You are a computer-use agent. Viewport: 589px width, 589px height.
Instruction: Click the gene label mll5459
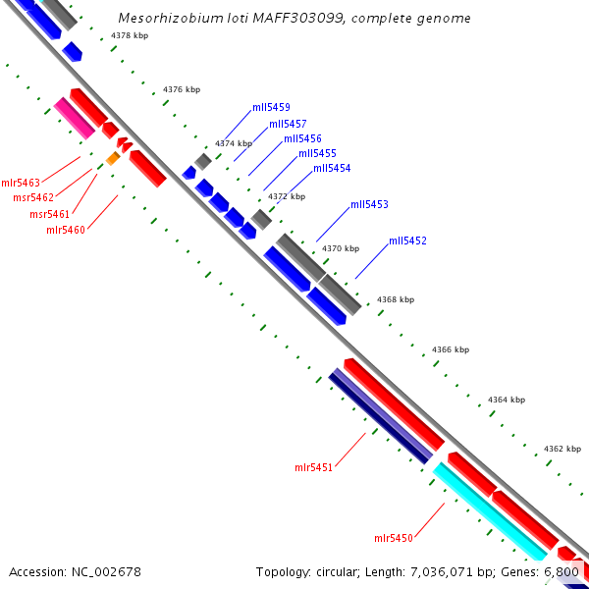[x=271, y=107]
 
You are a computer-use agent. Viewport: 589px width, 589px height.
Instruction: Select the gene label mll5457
[x=288, y=124]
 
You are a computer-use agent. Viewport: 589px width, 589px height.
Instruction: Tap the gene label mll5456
[x=302, y=138]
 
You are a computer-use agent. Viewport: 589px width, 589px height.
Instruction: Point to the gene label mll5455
[x=317, y=153]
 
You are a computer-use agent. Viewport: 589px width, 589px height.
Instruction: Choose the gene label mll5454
[x=332, y=168]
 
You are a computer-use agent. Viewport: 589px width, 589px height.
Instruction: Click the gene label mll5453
[x=369, y=205]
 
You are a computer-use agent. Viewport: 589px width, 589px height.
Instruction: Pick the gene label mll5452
[x=407, y=241]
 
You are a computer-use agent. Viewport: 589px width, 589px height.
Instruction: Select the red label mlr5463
[x=21, y=183]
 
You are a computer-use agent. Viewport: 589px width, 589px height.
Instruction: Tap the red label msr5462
[x=33, y=198]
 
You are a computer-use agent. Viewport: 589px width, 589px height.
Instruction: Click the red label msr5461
[x=49, y=214]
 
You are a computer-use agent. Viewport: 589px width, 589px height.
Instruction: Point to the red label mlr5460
[x=66, y=230]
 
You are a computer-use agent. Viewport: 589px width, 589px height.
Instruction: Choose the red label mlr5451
[x=313, y=467]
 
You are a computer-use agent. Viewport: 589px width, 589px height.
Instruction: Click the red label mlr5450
[x=393, y=538]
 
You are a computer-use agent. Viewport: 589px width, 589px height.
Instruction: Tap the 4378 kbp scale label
[x=130, y=35]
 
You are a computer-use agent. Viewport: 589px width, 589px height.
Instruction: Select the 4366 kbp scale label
[x=451, y=349]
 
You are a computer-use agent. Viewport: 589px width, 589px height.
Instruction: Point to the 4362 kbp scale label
[x=562, y=449]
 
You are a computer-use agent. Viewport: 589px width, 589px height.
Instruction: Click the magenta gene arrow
[x=74, y=118]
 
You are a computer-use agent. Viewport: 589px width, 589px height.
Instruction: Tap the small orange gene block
[x=113, y=158]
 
